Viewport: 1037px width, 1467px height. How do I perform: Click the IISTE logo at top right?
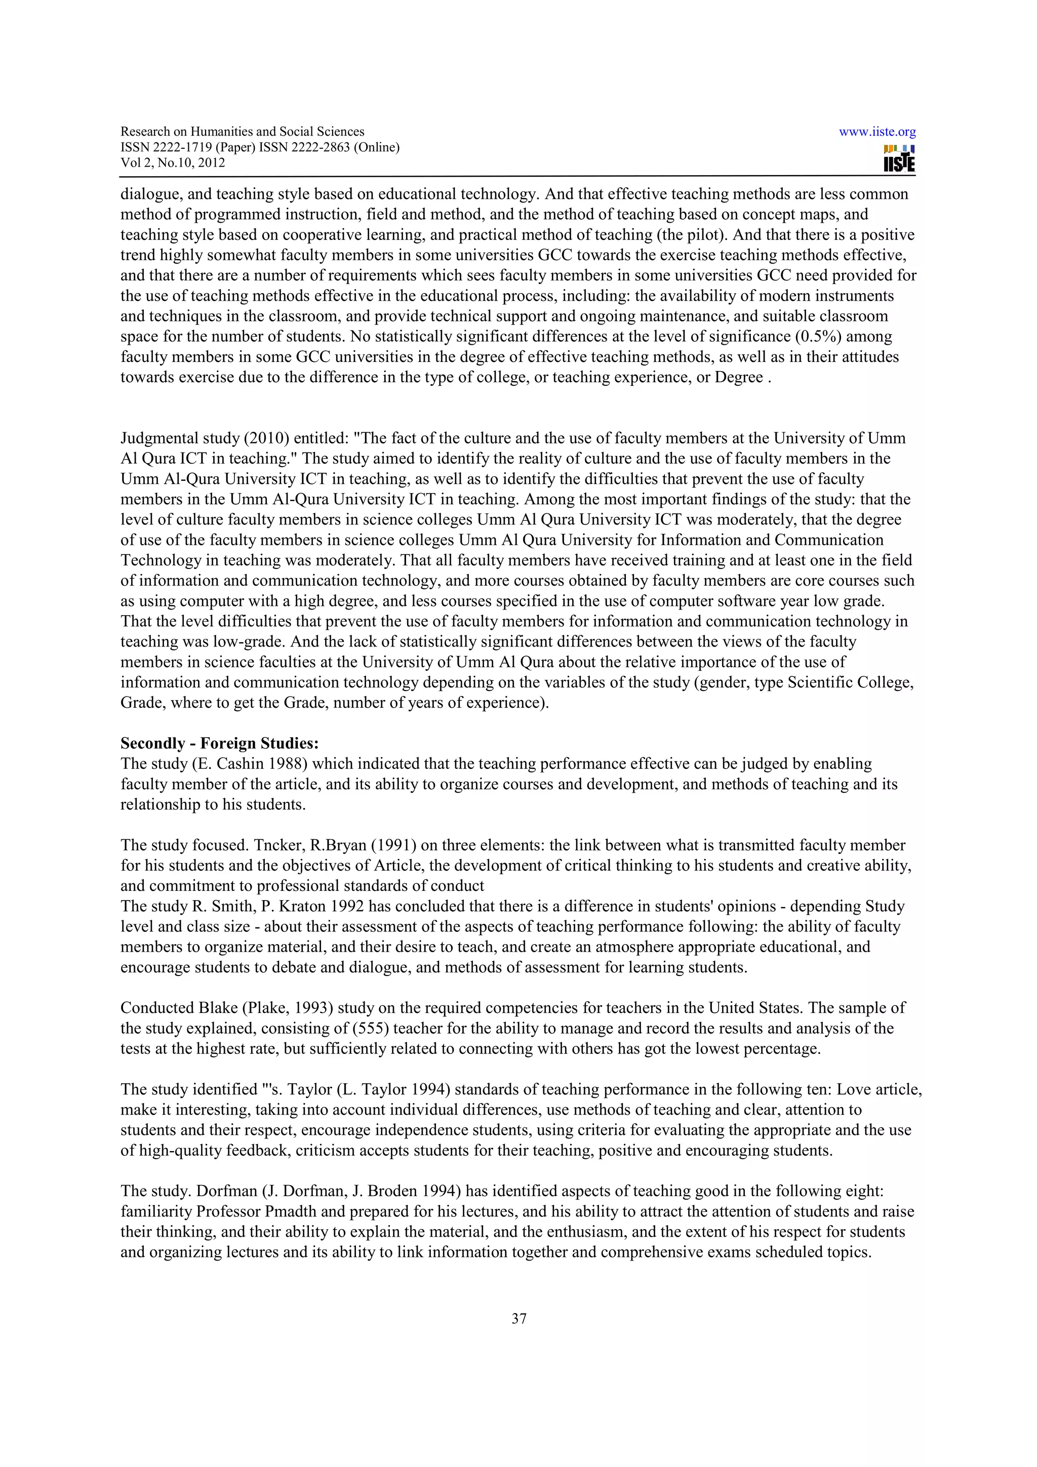898,158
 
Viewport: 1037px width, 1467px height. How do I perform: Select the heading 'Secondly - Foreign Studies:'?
219,743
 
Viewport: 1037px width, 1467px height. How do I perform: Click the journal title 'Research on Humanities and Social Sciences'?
242,132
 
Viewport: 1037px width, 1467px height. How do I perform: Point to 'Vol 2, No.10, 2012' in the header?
173,162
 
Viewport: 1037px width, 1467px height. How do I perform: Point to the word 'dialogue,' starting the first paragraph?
151,194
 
